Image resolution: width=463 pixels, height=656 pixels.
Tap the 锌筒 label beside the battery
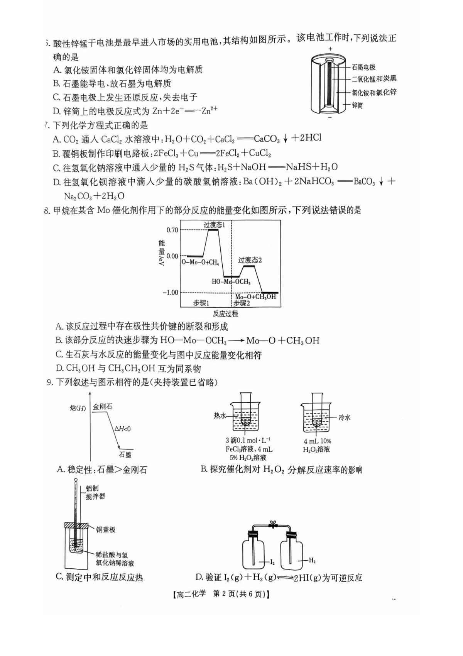(357, 105)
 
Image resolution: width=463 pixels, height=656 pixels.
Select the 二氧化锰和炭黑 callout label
(374, 79)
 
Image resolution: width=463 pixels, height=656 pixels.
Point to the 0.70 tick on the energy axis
(172, 230)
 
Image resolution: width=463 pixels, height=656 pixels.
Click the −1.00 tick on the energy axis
(170, 292)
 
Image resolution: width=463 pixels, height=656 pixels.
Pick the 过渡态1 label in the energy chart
(214, 225)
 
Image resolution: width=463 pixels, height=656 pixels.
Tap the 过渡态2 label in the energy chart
(250, 260)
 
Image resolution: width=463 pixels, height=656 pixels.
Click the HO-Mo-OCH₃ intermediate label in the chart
(231, 282)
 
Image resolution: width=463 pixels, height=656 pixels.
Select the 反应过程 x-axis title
(225, 314)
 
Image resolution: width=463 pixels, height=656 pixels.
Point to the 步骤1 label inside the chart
(201, 303)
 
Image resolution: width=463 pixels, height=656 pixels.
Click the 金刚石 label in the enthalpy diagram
(103, 407)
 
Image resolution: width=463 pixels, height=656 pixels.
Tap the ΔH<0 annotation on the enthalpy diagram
(123, 429)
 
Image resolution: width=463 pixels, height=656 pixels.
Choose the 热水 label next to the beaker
(220, 416)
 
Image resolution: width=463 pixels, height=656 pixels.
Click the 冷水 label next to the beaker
(344, 417)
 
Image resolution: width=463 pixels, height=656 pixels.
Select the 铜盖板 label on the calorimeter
(106, 530)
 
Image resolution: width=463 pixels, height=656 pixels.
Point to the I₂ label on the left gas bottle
(272, 562)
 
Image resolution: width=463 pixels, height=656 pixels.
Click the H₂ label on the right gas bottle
(312, 561)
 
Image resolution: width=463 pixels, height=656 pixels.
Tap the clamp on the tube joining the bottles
(273, 524)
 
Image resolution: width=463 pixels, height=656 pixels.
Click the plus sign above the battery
(330, 49)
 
